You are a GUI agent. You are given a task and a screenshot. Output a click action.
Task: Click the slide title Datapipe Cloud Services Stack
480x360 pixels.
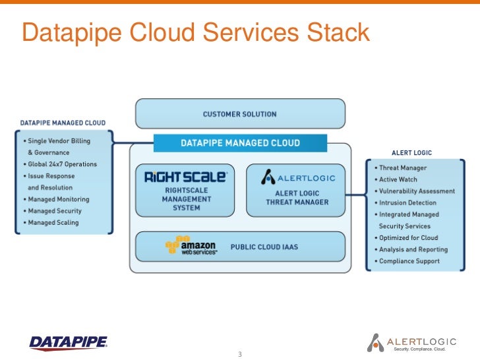tap(195, 32)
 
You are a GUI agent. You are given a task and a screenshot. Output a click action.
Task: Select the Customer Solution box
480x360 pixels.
tap(240, 114)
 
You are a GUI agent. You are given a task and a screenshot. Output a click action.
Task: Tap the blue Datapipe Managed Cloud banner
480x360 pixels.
tap(240, 142)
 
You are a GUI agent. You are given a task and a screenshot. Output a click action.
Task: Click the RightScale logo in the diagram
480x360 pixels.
tap(185, 177)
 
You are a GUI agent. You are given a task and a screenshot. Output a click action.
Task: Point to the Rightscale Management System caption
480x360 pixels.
tap(185, 198)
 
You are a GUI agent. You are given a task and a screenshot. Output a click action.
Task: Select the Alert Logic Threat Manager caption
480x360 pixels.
tap(297, 198)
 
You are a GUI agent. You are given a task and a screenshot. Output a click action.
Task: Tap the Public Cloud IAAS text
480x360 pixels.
tap(264, 247)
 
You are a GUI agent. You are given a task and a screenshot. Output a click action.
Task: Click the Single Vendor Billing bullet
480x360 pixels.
tap(59, 141)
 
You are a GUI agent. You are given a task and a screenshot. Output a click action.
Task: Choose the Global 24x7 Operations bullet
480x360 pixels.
tap(62, 164)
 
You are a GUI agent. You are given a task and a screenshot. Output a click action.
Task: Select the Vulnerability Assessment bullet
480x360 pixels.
tap(417, 191)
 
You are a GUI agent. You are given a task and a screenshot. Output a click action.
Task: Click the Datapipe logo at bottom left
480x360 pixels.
tap(69, 342)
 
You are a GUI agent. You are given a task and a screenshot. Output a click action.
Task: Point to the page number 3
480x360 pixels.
tap(240, 355)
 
